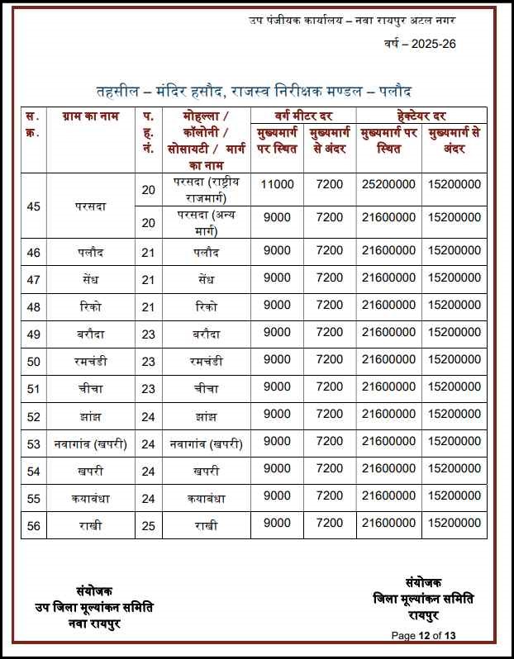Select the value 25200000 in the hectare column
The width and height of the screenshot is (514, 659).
[388, 184]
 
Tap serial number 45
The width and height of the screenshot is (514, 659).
[34, 206]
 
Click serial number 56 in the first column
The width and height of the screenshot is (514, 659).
[34, 524]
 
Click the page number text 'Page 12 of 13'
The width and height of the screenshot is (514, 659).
[424, 635]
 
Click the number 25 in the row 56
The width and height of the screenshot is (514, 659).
[148, 524]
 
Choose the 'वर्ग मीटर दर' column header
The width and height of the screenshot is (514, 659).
[302, 116]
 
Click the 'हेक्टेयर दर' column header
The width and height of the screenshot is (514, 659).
[421, 116]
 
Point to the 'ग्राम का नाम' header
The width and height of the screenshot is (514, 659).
[91, 116]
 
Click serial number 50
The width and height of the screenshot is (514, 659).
[34, 361]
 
